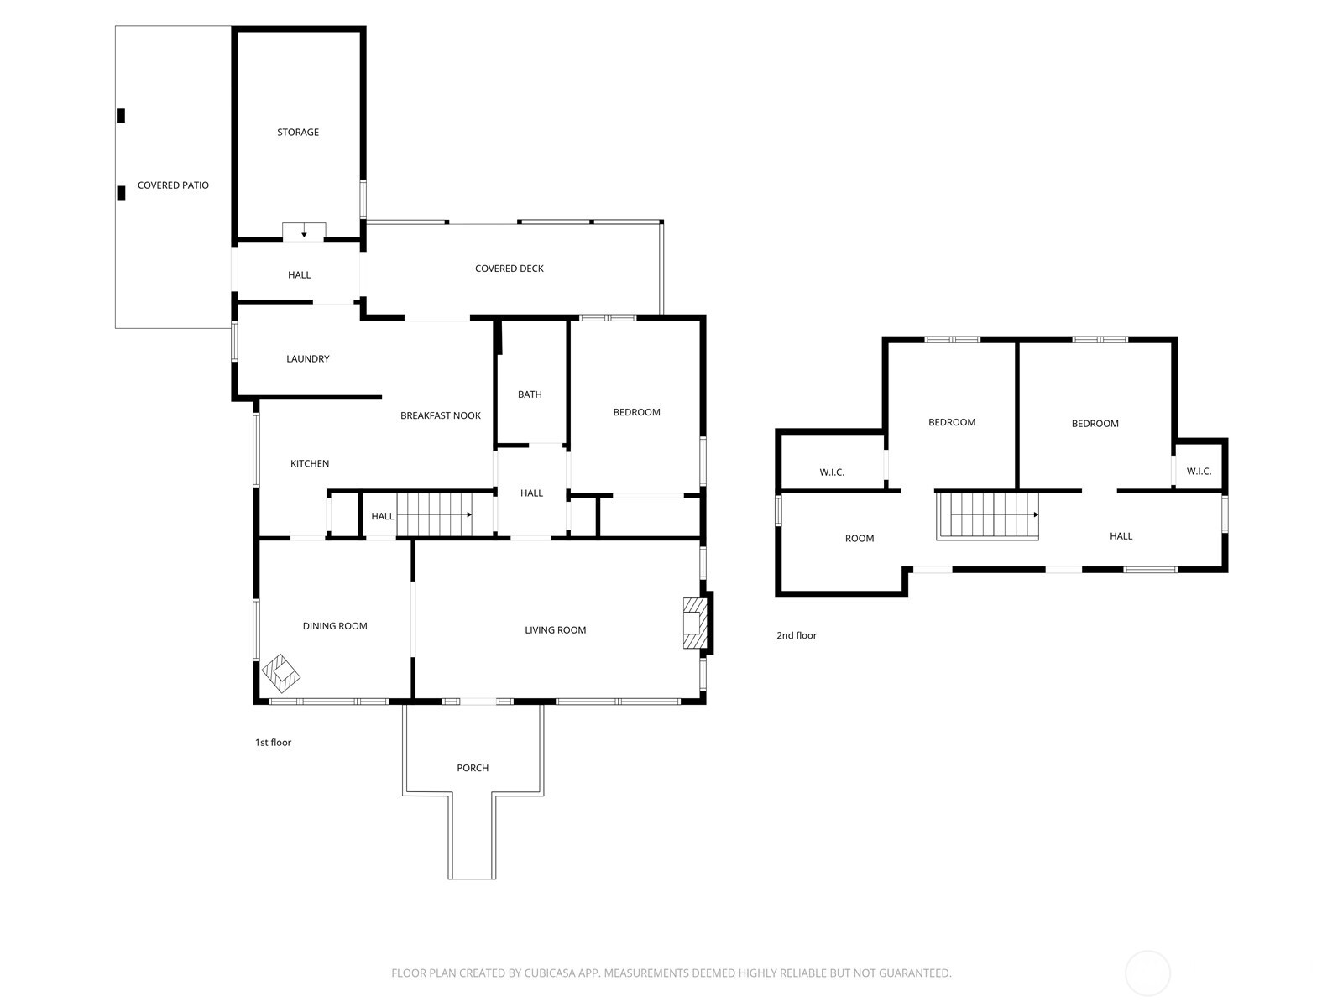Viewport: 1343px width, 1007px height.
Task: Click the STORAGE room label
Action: [298, 132]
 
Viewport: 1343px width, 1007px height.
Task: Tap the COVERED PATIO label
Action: [173, 185]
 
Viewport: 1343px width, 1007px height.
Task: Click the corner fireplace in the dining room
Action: [280, 672]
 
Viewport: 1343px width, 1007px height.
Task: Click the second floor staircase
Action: [988, 514]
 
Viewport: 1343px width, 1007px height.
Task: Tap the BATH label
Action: [530, 394]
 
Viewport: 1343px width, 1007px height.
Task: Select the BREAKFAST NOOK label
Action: [441, 415]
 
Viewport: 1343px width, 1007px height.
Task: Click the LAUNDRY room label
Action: [307, 358]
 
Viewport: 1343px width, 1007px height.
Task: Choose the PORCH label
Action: [473, 768]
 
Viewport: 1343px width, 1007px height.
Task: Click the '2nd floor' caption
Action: [796, 635]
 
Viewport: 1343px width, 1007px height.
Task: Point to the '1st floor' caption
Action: [273, 743]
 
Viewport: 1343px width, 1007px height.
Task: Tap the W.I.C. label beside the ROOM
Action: [832, 472]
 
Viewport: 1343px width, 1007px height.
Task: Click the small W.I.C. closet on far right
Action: [1199, 472]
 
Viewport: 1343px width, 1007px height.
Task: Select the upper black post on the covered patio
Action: [121, 116]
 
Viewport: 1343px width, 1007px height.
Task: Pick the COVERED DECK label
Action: [510, 269]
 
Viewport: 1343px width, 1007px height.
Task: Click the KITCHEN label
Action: [310, 463]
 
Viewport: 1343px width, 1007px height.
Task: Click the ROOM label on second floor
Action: [860, 539]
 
